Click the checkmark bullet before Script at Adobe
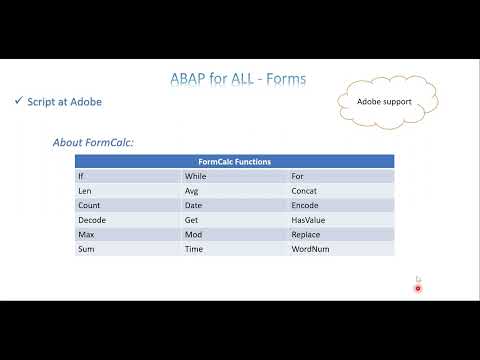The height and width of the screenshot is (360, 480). tap(20, 102)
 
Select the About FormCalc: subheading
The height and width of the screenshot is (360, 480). tap(93, 143)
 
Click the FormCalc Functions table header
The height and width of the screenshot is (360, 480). tap(234, 161)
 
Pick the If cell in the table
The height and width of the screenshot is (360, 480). tap(82, 175)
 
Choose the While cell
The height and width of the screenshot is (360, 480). tap(196, 175)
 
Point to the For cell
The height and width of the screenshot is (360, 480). tap(298, 175)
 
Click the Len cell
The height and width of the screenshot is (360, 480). tap(84, 189)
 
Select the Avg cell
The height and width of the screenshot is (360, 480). tap(193, 189)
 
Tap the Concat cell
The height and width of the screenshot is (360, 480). tap(304, 189)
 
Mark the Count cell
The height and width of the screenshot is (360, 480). tap(88, 204)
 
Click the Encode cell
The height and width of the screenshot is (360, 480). tap(305, 204)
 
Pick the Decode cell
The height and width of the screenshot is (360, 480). tap(91, 219)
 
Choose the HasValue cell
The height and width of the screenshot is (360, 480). tap(308, 219)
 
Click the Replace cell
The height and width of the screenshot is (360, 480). tap(306, 233)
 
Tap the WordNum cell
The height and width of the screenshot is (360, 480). tap(310, 248)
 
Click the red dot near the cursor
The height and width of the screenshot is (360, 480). tap(418, 288)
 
